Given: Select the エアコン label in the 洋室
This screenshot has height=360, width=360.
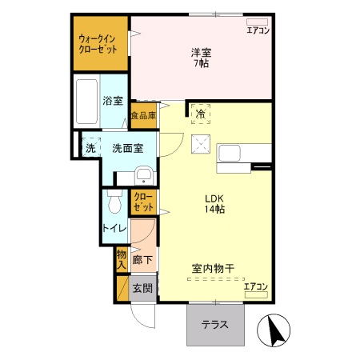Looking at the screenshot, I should (258, 30).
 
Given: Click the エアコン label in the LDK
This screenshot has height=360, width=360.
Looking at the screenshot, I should (255, 286).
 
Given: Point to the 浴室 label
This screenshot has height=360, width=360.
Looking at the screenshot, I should (113, 101).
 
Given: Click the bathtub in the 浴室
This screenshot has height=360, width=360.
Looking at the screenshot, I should (86, 102).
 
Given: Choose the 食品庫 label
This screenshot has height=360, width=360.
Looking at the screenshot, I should (144, 116).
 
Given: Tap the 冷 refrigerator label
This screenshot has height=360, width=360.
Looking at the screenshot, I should (200, 114).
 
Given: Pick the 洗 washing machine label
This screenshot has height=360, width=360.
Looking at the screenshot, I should (90, 147).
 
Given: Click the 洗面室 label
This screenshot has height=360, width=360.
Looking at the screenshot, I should (126, 148).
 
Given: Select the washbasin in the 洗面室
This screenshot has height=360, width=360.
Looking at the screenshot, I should (144, 175).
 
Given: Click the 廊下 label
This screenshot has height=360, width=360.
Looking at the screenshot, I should (144, 260).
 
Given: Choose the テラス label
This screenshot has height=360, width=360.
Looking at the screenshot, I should (214, 325).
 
